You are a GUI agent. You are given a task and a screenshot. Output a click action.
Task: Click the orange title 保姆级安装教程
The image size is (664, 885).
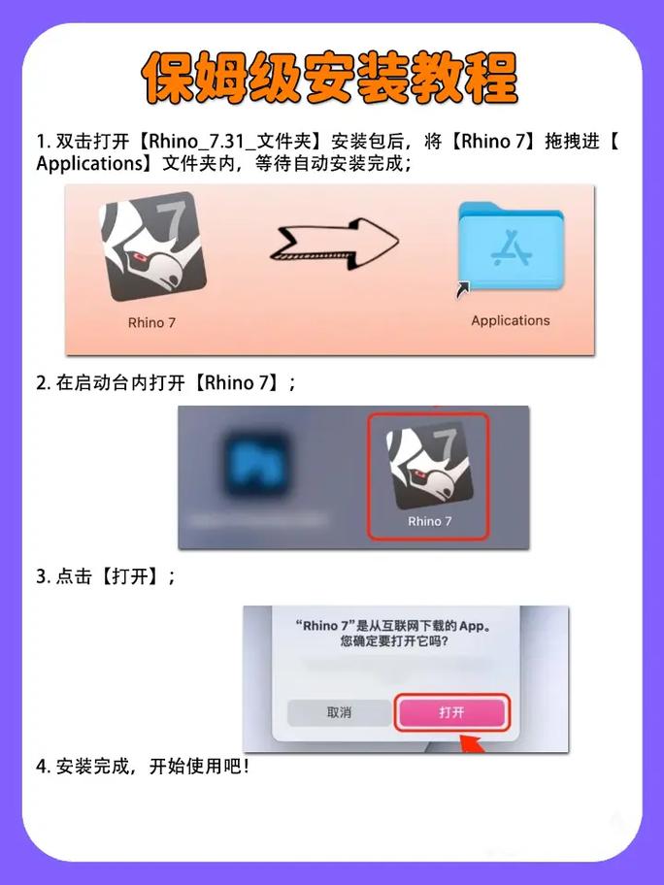[330, 78]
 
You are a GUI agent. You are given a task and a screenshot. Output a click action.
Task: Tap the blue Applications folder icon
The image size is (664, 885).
[509, 248]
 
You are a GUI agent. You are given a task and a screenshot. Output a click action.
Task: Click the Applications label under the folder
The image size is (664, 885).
[510, 320]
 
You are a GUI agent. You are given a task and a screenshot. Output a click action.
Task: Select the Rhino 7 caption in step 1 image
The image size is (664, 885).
[152, 323]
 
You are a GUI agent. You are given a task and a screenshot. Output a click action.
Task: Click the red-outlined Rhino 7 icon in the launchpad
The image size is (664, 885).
[429, 466]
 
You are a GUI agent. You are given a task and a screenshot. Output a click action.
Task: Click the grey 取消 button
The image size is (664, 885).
[339, 712]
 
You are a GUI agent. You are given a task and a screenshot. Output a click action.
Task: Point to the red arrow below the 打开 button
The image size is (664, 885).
[470, 744]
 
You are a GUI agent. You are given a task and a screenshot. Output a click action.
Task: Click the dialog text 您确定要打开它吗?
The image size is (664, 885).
[393, 641]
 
